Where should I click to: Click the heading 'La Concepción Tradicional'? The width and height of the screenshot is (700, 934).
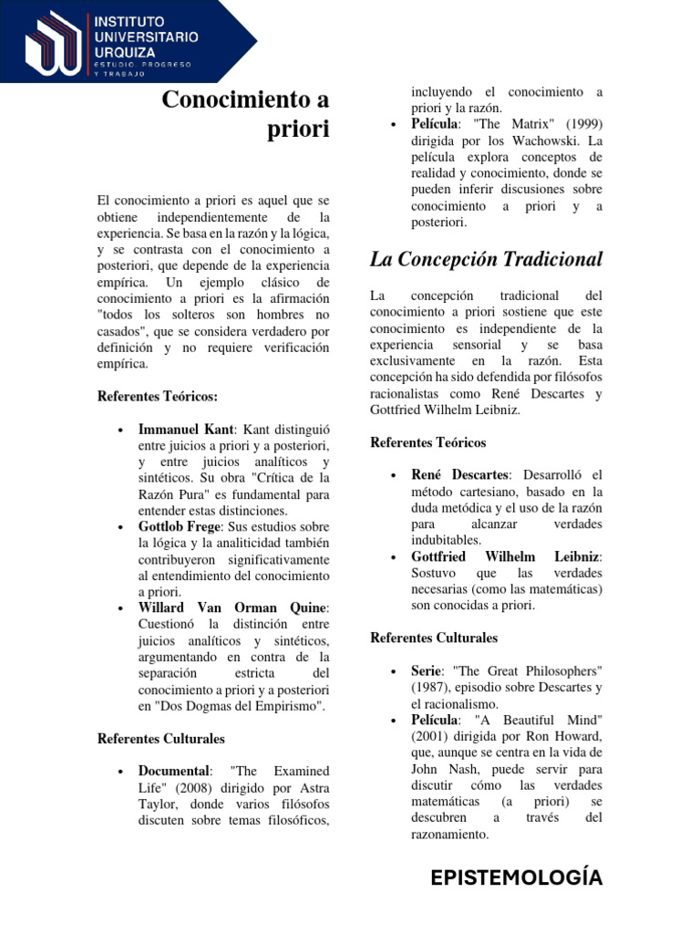(x=486, y=259)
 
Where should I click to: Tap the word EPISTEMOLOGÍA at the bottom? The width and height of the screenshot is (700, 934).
(x=517, y=877)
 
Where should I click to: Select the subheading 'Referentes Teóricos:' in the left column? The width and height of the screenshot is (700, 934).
(x=158, y=396)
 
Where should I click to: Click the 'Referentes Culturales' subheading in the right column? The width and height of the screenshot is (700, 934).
(x=434, y=638)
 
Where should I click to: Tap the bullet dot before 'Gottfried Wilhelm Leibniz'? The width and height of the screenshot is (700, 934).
(x=392, y=557)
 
